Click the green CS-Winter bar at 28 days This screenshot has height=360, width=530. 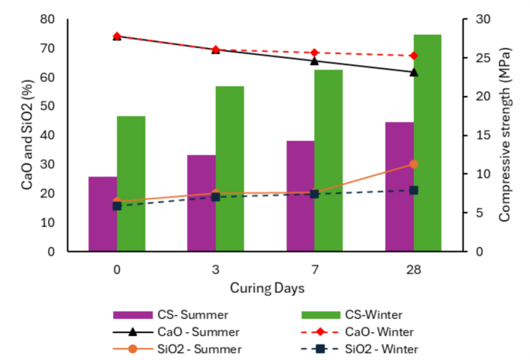(427, 143)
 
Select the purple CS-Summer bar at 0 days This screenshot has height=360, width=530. (102, 214)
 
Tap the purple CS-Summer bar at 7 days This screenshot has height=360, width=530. (300, 197)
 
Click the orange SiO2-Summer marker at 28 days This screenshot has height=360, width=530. (413, 164)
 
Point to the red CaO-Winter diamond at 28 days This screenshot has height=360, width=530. (413, 56)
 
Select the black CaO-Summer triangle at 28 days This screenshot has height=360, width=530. (413, 72)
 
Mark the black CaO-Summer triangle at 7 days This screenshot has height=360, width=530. (314, 60)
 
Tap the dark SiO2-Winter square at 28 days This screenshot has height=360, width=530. (413, 190)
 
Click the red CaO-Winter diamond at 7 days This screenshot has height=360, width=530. (314, 53)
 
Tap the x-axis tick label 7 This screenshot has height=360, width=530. (314, 269)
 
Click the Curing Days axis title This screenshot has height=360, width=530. (265, 288)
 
